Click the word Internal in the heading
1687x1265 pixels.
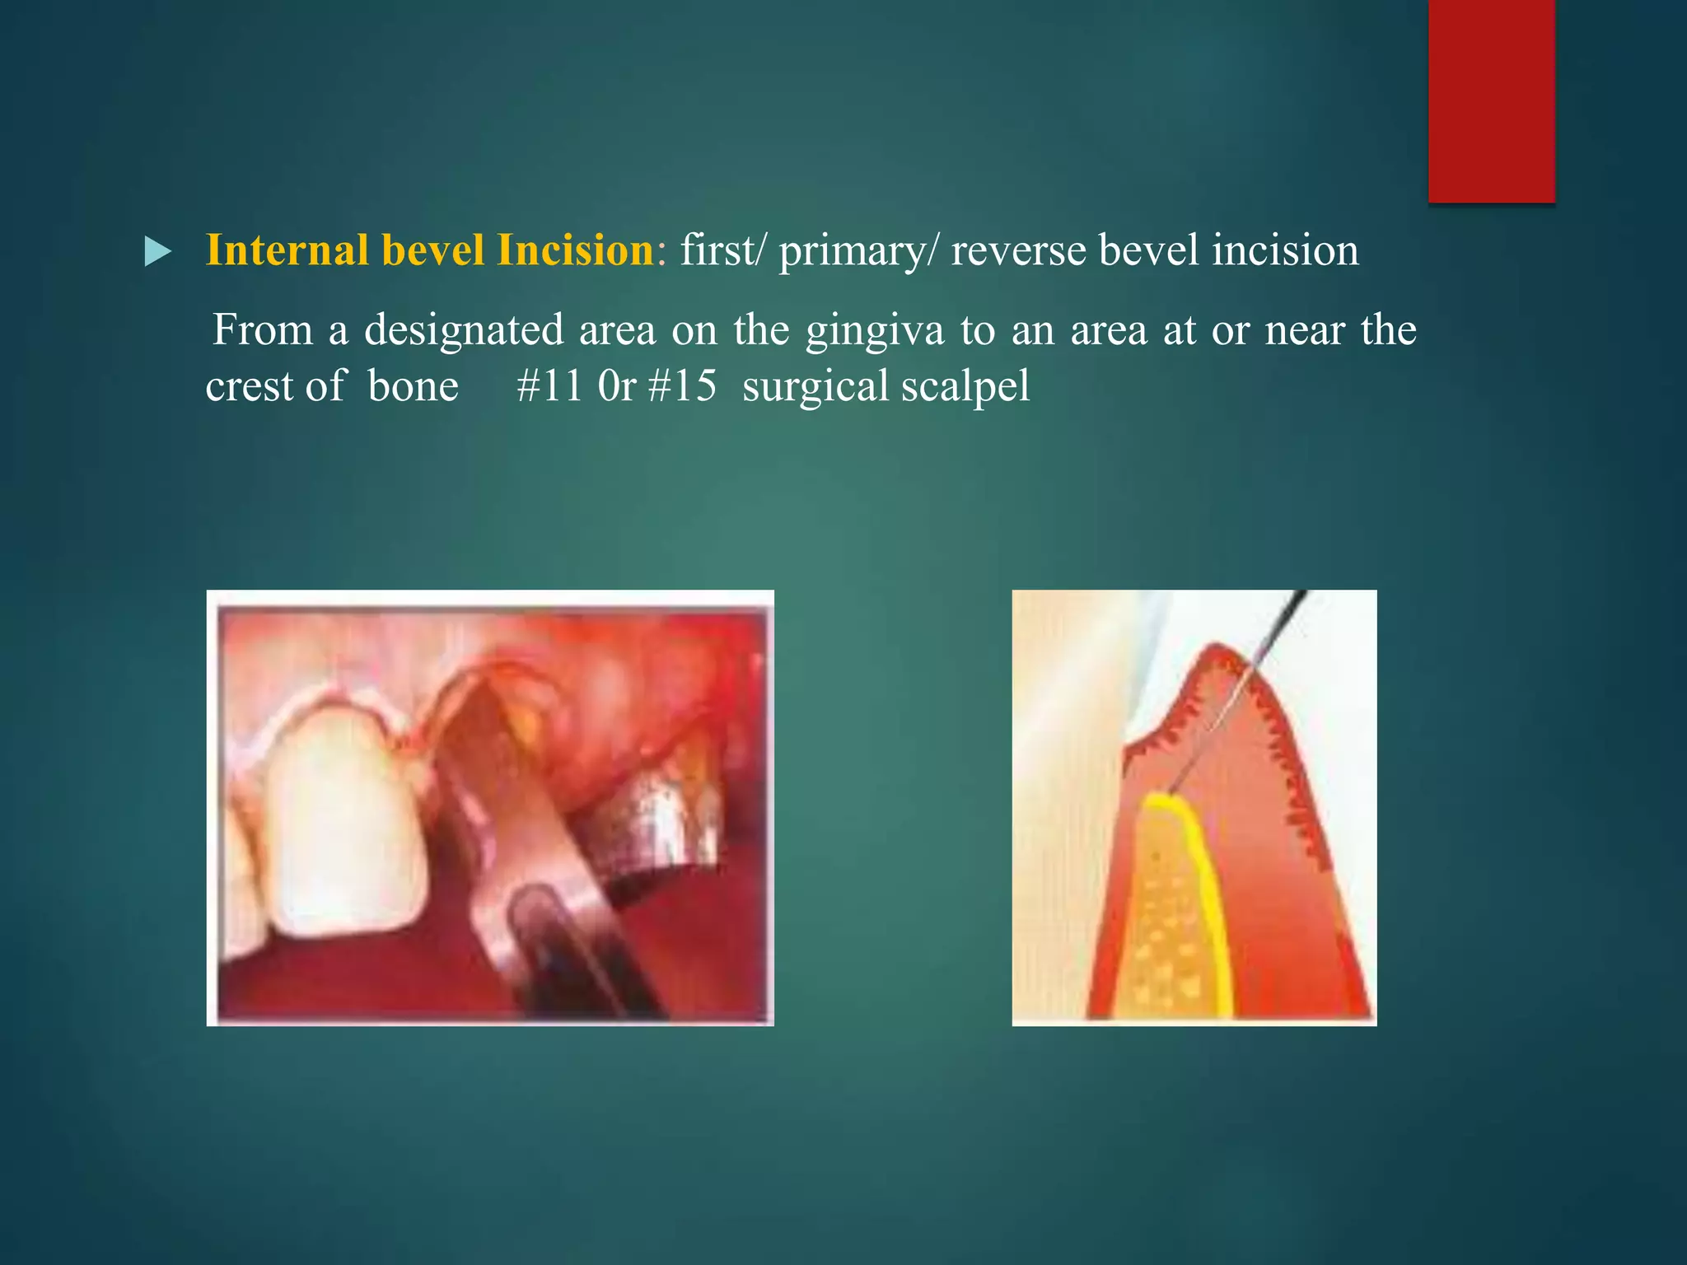[286, 250]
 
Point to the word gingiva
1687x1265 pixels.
[875, 331]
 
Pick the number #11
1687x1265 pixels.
[549, 385]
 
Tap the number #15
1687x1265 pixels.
[682, 385]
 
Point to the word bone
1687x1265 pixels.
[413, 385]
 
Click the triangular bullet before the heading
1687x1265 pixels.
[157, 251]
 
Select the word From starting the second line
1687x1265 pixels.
[263, 330]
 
